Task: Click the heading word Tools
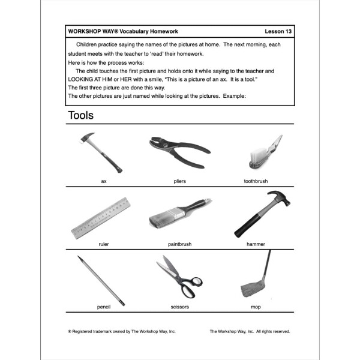pos(81,115)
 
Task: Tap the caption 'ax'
pos(104,179)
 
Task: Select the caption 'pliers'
pos(179,179)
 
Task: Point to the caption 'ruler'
pos(104,244)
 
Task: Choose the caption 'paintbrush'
pos(179,244)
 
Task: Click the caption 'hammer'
pos(256,244)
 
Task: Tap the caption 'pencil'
pos(104,307)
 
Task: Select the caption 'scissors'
pos(179,307)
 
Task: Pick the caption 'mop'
pos(256,307)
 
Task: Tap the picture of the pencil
pos(100,279)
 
